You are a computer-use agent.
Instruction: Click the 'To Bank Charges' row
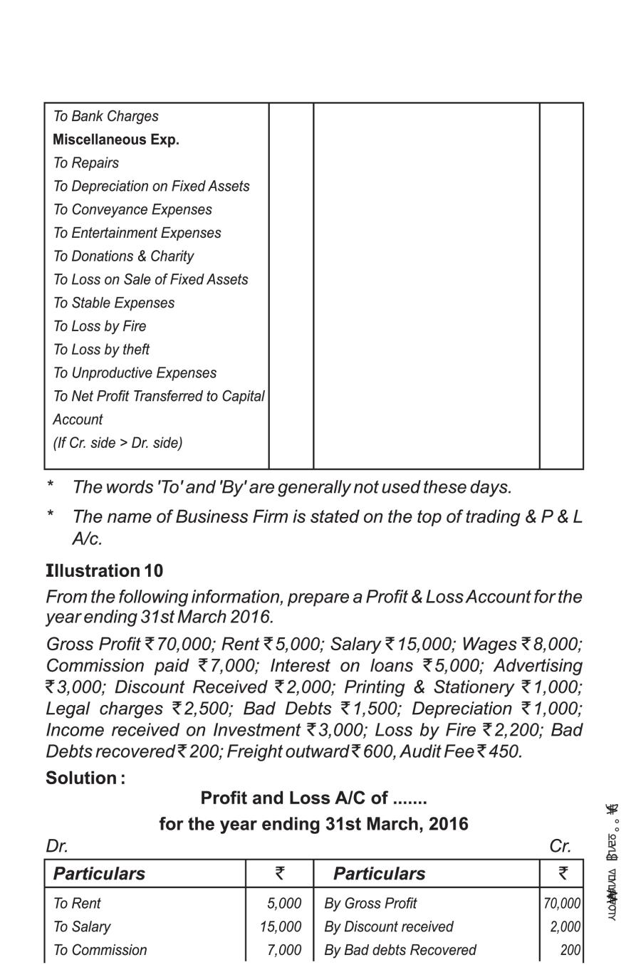pos(105,116)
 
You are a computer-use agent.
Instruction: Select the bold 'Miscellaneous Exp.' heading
pos(115,140)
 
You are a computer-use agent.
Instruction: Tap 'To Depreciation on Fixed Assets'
pos(151,187)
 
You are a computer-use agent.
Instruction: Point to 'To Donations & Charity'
pos(123,256)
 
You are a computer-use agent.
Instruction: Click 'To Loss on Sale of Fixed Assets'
pos(150,280)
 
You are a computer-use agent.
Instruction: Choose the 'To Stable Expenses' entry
pos(113,303)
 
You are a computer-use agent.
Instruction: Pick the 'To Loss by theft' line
pos(101,350)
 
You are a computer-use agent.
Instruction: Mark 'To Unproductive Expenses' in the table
pos(135,373)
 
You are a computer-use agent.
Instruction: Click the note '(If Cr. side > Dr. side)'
pos(118,443)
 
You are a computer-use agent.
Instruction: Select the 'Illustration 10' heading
pos(104,571)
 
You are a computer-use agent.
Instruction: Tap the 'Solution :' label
pos(85,778)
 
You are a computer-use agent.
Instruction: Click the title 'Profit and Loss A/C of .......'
pos(313,798)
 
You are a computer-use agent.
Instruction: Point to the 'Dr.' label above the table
pos(57,846)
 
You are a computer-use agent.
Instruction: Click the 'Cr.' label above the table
pos(560,846)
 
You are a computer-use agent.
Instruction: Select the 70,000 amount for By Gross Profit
pos(562,904)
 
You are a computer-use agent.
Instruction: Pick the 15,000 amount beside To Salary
pos(281,927)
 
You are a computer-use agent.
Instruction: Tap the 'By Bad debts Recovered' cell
pos(400,951)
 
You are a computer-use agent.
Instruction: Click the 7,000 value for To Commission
pos(284,951)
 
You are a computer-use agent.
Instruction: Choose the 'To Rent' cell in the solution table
pos(77,904)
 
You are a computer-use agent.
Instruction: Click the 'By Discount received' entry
pos(388,927)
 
